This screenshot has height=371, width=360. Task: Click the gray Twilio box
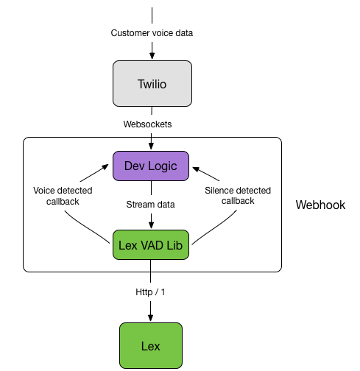click(152, 83)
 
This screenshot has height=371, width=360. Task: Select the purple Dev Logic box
click(151, 166)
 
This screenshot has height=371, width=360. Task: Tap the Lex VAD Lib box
click(151, 244)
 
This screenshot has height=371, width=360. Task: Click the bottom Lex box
click(151, 345)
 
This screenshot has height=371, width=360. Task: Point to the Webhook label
click(320, 205)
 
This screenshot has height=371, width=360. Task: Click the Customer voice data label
click(152, 33)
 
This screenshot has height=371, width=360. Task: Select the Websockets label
click(147, 124)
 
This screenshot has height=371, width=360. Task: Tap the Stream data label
click(150, 205)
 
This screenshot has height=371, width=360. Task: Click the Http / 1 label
click(150, 292)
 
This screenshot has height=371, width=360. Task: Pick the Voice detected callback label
click(63, 196)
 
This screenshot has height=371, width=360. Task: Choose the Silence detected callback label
click(238, 196)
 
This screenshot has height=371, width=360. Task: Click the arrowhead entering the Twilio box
click(152, 56)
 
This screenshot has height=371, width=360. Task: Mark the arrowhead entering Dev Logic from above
click(152, 146)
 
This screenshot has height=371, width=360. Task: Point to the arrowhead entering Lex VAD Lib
click(152, 225)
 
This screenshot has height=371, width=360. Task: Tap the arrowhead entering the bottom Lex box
click(151, 318)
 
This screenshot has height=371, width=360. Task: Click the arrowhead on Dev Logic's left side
click(105, 167)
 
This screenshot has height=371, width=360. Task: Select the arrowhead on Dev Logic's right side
click(196, 169)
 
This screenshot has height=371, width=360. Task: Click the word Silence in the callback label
click(219, 191)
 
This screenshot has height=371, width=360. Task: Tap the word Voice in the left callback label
click(43, 191)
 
